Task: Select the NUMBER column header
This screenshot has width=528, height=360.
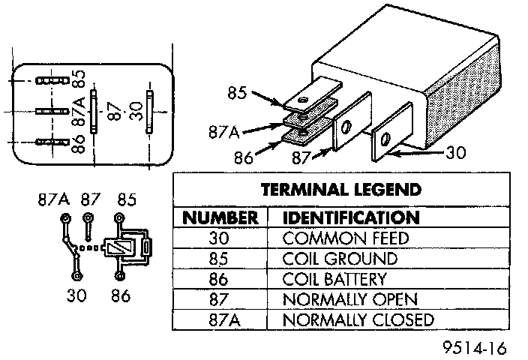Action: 220,218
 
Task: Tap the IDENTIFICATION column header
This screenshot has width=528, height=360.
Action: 349,218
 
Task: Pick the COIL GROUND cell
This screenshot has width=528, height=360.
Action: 340,259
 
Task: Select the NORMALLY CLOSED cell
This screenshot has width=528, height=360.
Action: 358,319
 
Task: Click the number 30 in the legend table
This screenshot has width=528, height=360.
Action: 220,238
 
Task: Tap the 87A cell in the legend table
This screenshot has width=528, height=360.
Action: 220,319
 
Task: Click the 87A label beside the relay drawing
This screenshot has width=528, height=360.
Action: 225,132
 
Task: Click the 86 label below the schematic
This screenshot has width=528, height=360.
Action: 119,295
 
